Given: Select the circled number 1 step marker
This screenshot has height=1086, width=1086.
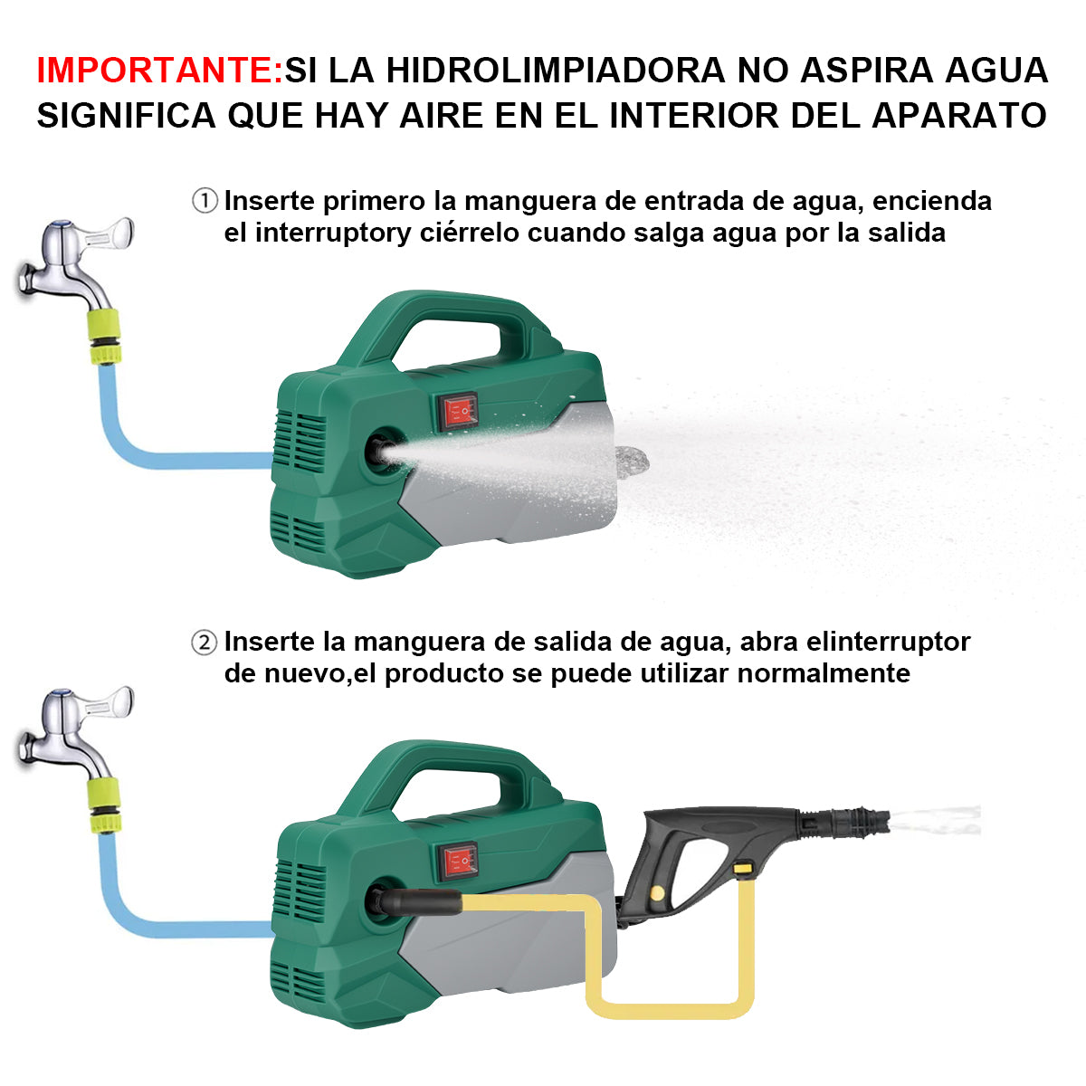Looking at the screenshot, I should pos(205,201).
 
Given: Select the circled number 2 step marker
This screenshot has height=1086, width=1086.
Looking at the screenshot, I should pos(205,643).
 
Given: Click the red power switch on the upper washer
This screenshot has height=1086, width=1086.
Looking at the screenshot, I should pos(458,412).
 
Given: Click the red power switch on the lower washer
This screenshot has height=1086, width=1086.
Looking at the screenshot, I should pos(458,862).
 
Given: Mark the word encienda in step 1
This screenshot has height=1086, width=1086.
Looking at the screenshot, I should pos(932,201).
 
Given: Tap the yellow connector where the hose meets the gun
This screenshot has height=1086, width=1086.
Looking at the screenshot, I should pos(744,869).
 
